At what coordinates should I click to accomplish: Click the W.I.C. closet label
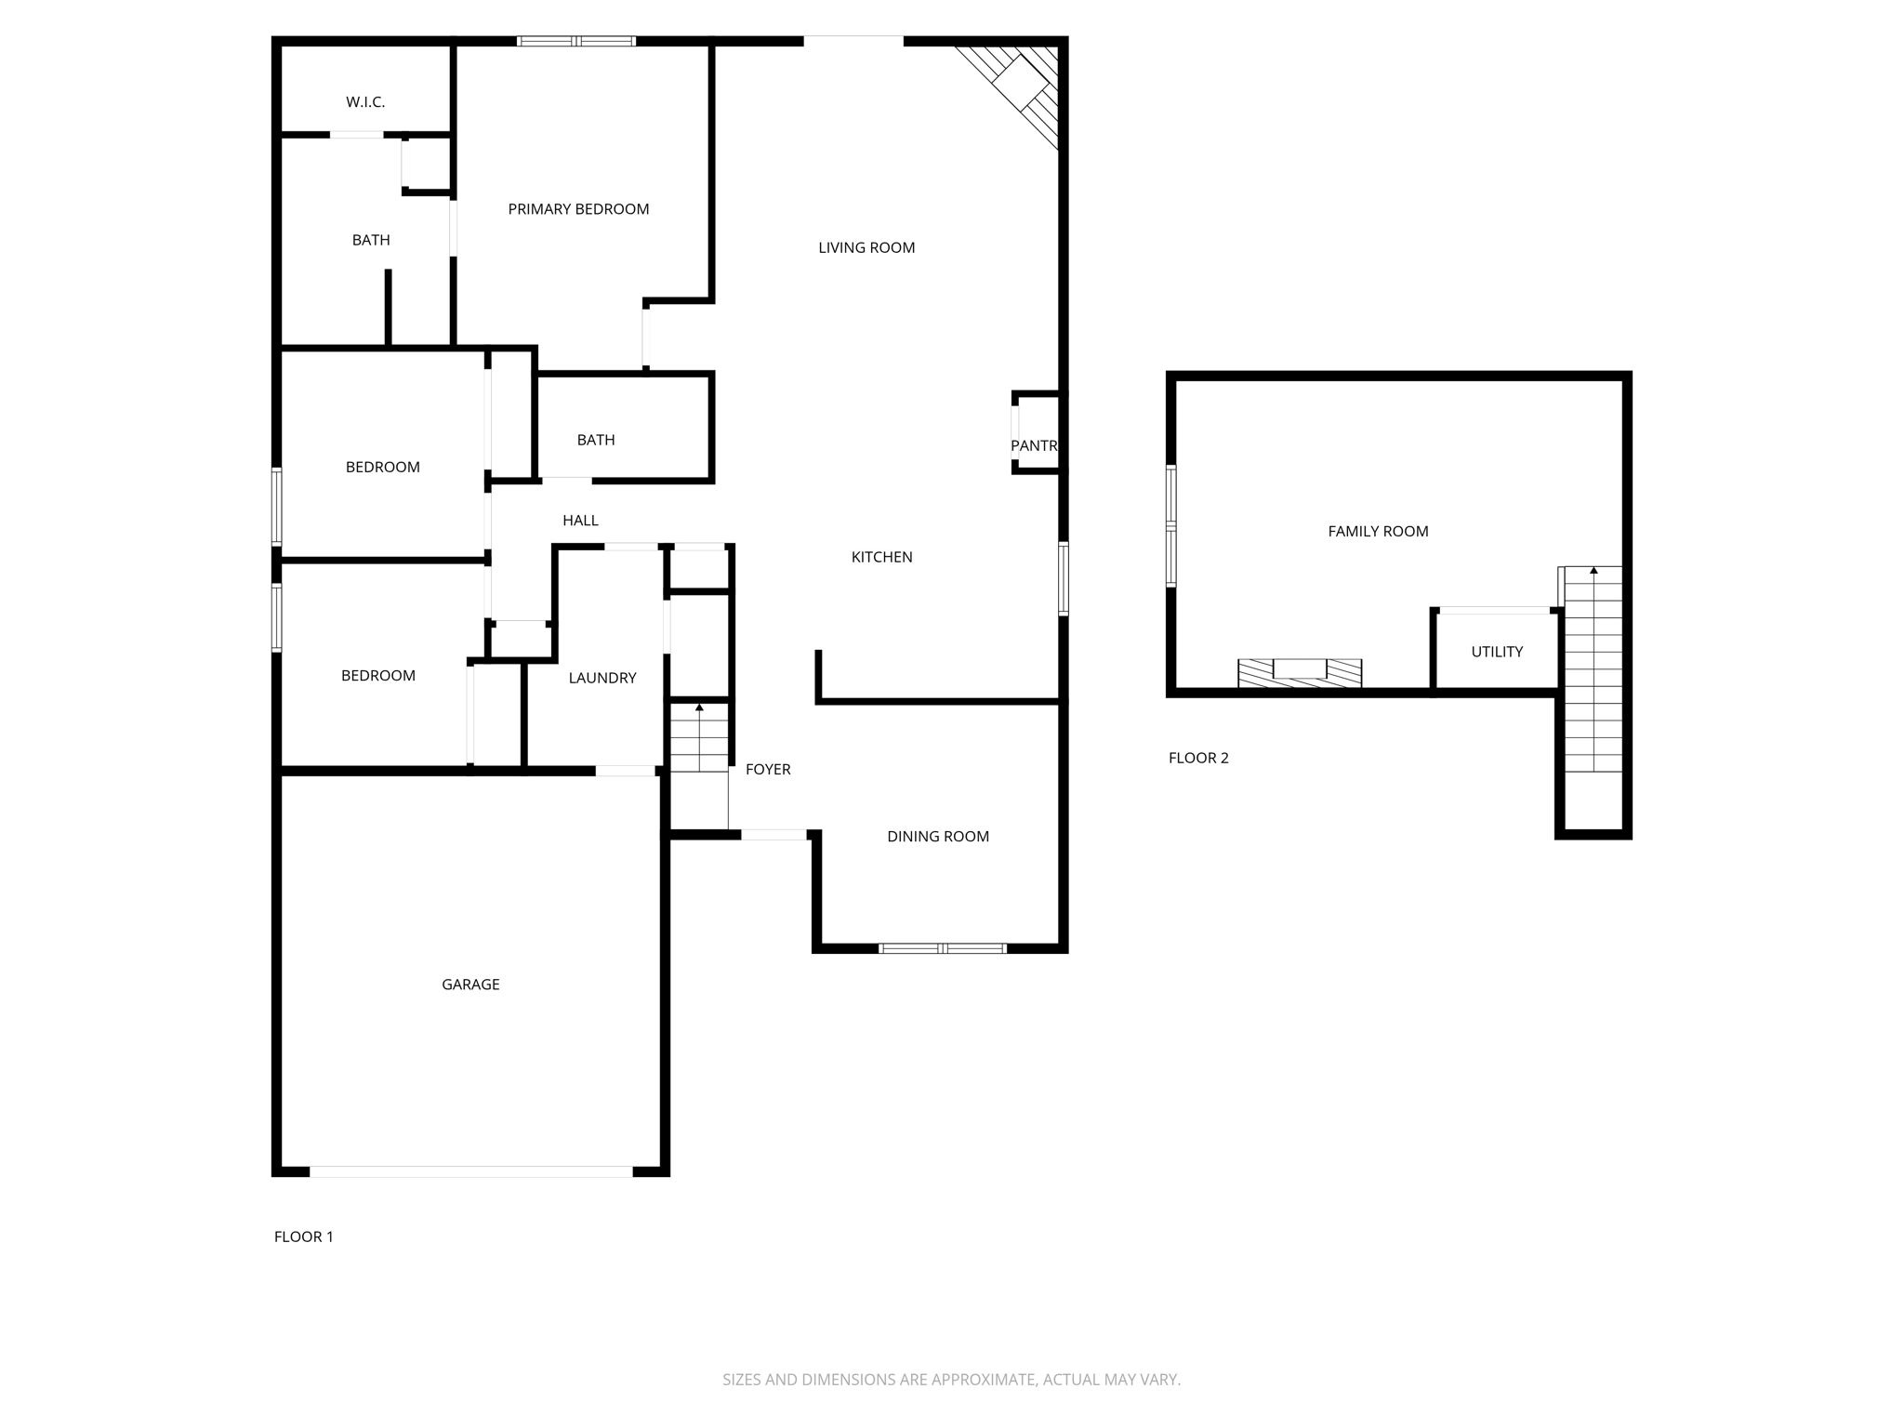tap(365, 102)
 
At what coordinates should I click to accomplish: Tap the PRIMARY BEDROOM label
tap(578, 209)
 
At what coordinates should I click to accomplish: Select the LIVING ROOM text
tap(866, 247)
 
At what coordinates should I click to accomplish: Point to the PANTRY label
tap(1034, 445)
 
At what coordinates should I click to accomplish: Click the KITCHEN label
tap(881, 557)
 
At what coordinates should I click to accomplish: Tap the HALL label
tap(580, 521)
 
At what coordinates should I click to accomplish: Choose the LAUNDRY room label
tap(602, 678)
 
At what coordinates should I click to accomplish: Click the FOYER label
tap(768, 769)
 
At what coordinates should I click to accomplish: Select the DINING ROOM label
tap(937, 836)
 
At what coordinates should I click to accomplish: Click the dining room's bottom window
tap(943, 948)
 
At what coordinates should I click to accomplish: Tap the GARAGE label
tap(470, 984)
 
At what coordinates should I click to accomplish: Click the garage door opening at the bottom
tap(470, 1171)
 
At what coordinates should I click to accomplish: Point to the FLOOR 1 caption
tap(303, 1236)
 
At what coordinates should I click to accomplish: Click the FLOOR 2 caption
tap(1198, 758)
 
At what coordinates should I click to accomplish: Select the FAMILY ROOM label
tap(1378, 531)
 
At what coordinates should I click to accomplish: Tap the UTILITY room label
tap(1496, 652)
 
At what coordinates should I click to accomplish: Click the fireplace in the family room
tap(1299, 672)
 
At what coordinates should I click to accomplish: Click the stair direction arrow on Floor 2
tap(1593, 570)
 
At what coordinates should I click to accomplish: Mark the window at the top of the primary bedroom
tap(575, 41)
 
